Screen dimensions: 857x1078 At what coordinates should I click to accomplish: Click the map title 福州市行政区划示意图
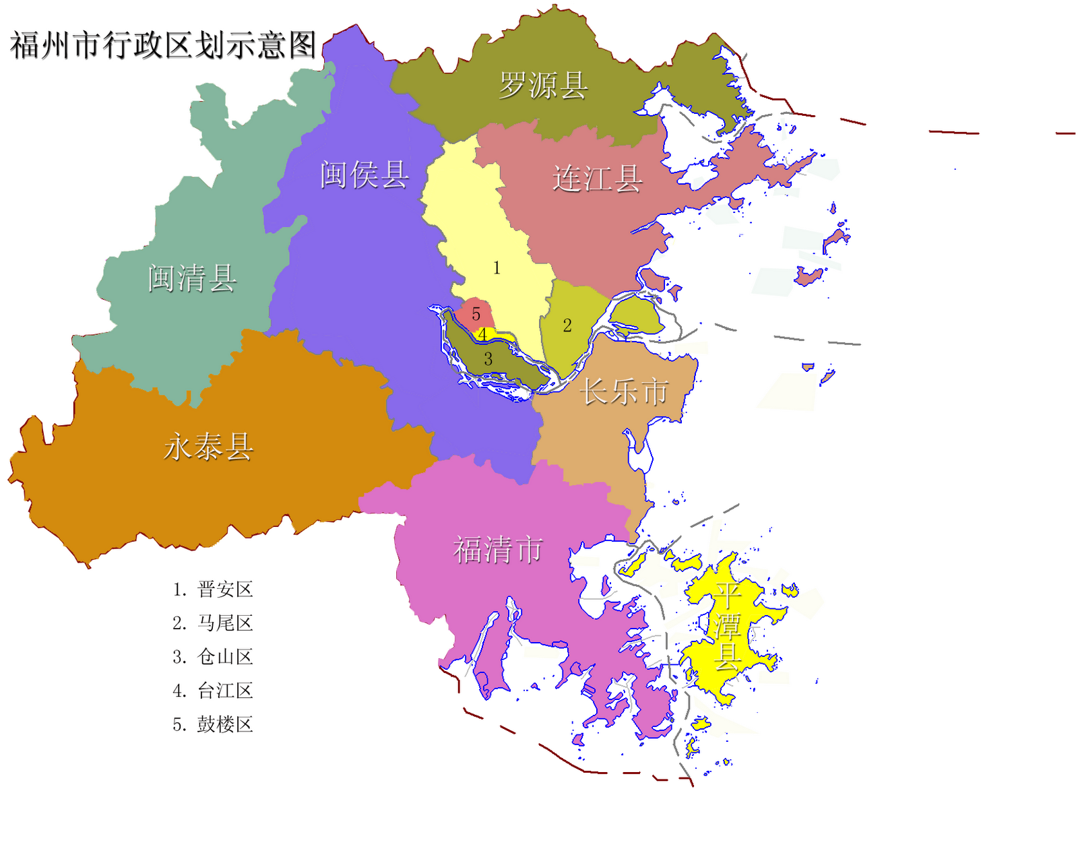coord(163,45)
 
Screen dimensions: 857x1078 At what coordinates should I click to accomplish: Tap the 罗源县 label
coord(543,86)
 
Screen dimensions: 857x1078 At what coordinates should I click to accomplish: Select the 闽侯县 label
coord(364,174)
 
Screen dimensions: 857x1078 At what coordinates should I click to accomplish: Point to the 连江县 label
coord(597,179)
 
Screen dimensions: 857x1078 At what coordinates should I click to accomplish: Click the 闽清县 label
coord(192,278)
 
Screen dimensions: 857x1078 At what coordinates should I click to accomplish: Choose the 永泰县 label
coord(208,446)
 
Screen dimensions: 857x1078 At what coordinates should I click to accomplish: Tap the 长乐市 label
coord(625,391)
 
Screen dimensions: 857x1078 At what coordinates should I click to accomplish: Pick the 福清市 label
coord(498,549)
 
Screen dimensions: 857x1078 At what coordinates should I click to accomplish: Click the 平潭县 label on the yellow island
coord(728,627)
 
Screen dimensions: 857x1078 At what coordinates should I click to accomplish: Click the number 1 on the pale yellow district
coord(497,268)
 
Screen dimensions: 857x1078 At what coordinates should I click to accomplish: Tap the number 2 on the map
coord(567,325)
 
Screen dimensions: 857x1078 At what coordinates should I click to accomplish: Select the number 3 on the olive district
coord(488,359)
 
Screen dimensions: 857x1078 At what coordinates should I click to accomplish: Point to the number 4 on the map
coord(482,335)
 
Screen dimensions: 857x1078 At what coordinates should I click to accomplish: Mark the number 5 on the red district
coord(476,314)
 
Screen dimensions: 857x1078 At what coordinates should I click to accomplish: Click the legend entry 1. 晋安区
coord(212,590)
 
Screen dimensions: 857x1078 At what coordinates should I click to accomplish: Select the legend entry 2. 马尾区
coord(212,623)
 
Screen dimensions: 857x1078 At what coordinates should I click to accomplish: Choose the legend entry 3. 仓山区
coord(212,657)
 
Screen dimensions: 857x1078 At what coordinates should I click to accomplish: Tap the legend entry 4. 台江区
coord(212,691)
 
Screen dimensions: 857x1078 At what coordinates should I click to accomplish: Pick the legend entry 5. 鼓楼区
coord(212,724)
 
